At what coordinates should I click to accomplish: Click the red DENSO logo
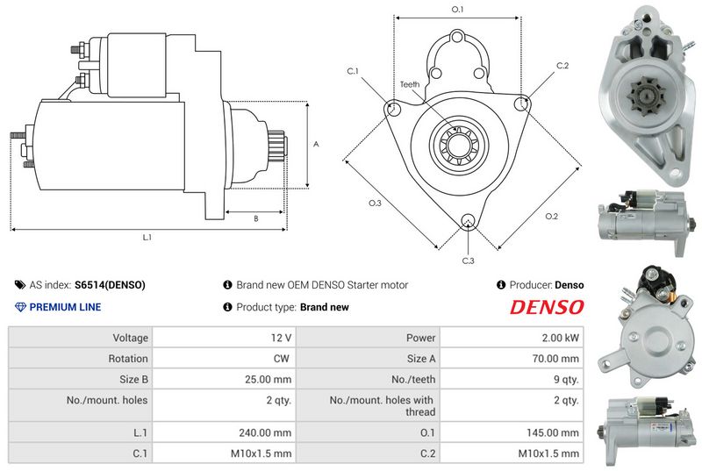[x=547, y=307]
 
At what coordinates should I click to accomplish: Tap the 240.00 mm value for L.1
[x=265, y=432]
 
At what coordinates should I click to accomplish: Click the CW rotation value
[x=282, y=359]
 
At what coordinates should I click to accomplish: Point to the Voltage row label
[x=130, y=338]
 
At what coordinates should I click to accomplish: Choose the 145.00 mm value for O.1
[x=553, y=432]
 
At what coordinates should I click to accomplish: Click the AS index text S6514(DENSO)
[x=110, y=285]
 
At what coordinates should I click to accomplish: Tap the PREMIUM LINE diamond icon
[x=20, y=307]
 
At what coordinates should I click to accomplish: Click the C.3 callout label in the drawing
[x=468, y=260]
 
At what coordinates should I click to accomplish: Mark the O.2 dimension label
[x=552, y=217]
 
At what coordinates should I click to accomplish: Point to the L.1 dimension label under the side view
[x=147, y=238]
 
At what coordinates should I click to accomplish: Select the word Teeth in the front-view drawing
[x=410, y=84]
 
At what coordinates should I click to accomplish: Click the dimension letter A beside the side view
[x=316, y=144]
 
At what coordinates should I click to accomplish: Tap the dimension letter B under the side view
[x=256, y=218]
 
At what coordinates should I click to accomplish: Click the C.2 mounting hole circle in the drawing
[x=520, y=104]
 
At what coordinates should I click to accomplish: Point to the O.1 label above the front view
[x=457, y=10]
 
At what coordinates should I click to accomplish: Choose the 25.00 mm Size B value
[x=268, y=379]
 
